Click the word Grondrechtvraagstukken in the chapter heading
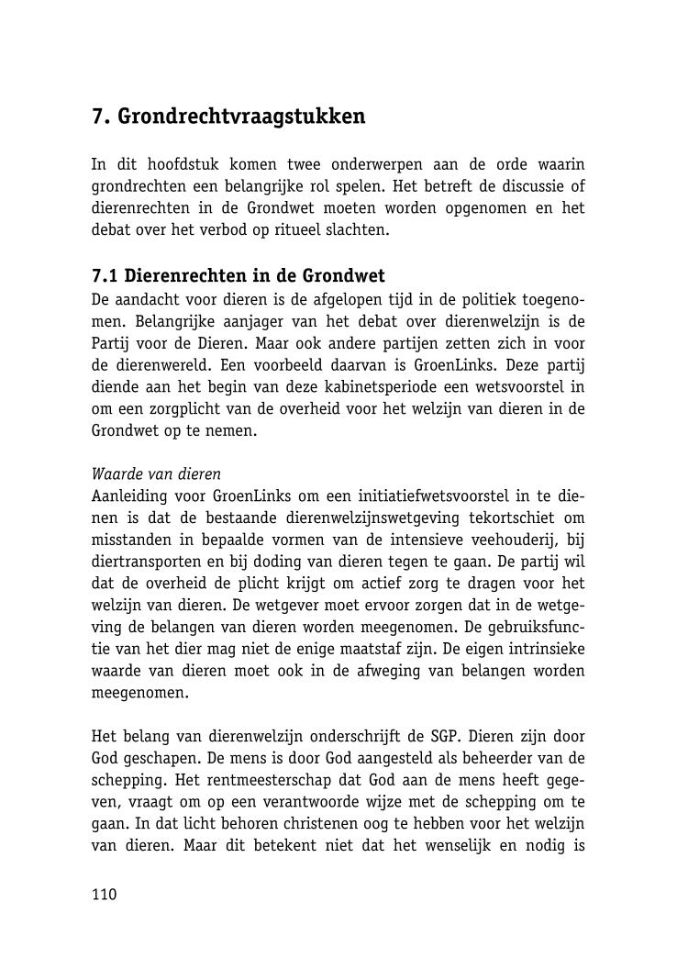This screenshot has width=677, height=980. click(241, 117)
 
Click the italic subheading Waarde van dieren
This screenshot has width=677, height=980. click(156, 475)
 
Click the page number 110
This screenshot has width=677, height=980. click(105, 896)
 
